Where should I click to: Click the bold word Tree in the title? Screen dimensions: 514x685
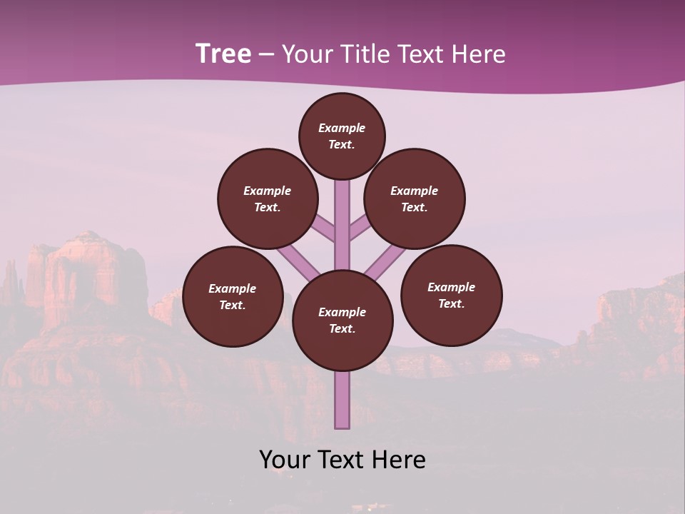pyautogui.click(x=223, y=54)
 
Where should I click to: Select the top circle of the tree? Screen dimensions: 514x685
pyautogui.click(x=342, y=136)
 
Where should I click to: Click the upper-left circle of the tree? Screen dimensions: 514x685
pyautogui.click(x=267, y=198)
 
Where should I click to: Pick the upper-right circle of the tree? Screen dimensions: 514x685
pyautogui.click(x=415, y=198)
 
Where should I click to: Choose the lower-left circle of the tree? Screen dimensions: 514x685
pyautogui.click(x=233, y=296)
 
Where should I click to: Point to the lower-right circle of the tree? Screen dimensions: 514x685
pyautogui.click(x=451, y=295)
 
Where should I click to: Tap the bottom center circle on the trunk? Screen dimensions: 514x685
pyautogui.click(x=342, y=320)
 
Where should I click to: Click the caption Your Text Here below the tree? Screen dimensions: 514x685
pyautogui.click(x=342, y=460)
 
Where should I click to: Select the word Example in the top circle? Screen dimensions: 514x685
pyautogui.click(x=342, y=128)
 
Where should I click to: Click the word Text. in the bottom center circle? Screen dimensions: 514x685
pyautogui.click(x=342, y=328)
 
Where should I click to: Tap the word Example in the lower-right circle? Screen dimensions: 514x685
pyautogui.click(x=451, y=287)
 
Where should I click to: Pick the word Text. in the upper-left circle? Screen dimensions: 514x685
pyautogui.click(x=267, y=207)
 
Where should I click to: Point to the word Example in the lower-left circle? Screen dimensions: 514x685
pyautogui.click(x=232, y=288)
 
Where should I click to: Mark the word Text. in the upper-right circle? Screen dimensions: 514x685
pyautogui.click(x=414, y=207)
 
